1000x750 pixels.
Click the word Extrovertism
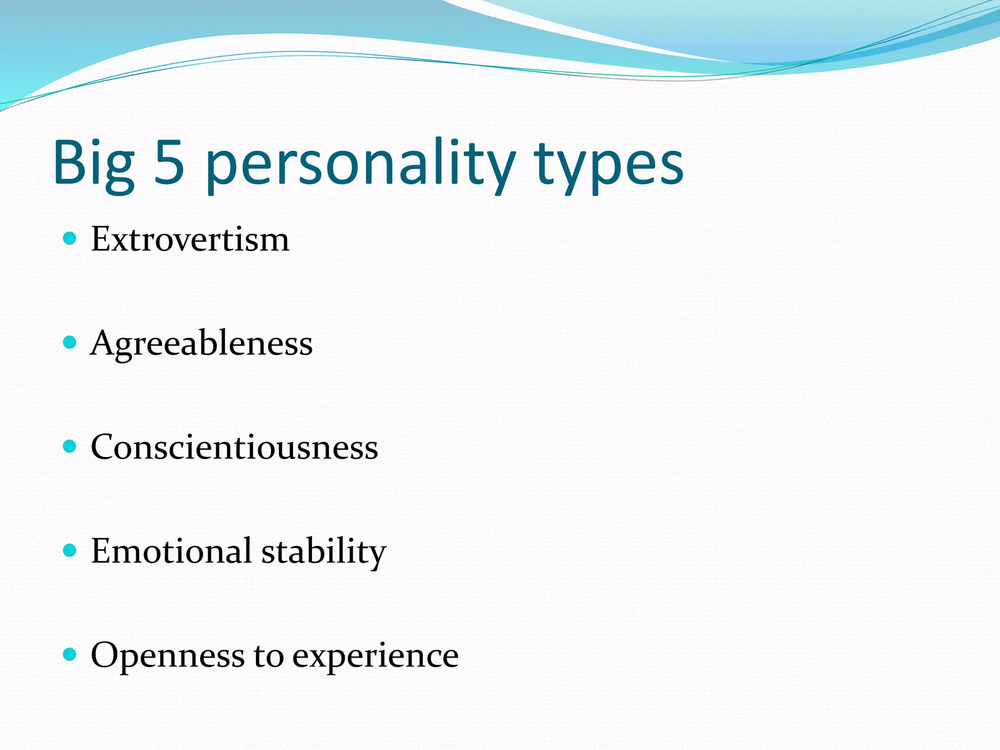tap(190, 240)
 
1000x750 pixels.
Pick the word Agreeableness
tap(201, 344)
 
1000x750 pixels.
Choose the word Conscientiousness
tap(234, 447)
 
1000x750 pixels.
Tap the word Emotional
tap(171, 551)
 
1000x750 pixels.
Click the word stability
tap(324, 552)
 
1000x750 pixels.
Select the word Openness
tap(167, 656)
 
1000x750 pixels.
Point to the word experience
tap(375, 657)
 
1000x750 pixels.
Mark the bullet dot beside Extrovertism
tap(70, 238)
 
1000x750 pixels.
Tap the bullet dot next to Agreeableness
tap(70, 342)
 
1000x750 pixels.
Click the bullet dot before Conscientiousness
tap(70, 446)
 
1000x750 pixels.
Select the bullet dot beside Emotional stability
tap(70, 550)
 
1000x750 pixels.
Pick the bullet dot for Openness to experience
tap(70, 654)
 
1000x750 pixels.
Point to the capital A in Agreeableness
tap(104, 343)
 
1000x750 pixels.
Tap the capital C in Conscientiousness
tap(104, 447)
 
